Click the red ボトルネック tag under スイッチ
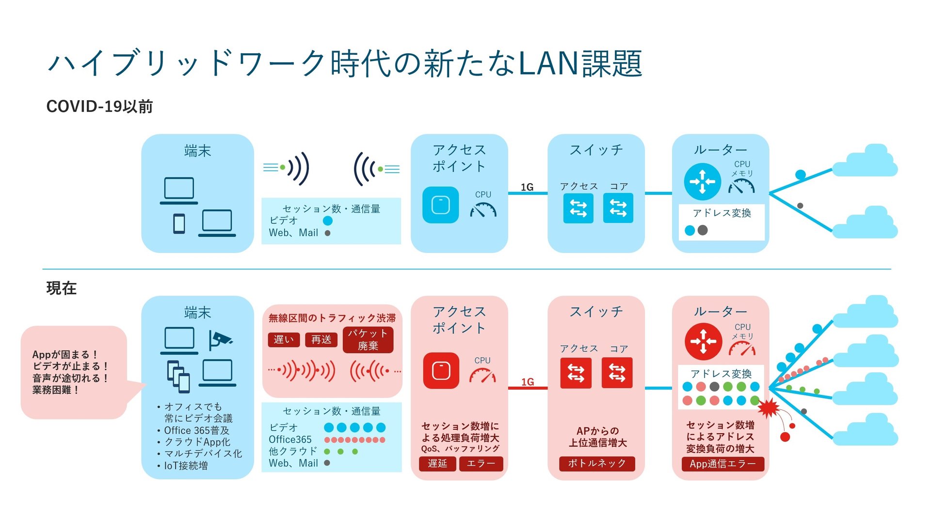pyautogui.click(x=597, y=463)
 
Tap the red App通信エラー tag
pyautogui.click(x=722, y=464)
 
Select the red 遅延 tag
pyautogui.click(x=437, y=464)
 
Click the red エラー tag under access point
pyautogui.click(x=481, y=464)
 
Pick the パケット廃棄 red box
pyautogui.click(x=368, y=340)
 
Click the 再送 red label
pyautogui.click(x=321, y=340)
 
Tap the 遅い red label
pyautogui.click(x=284, y=340)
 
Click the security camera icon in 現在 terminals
pyautogui.click(x=220, y=340)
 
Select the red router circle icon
pyautogui.click(x=703, y=342)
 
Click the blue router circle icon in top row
pyautogui.click(x=702, y=182)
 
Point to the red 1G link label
pyautogui.click(x=528, y=382)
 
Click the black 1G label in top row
pyautogui.click(x=527, y=187)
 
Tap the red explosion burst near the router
pyautogui.click(x=769, y=408)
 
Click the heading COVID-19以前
pyautogui.click(x=99, y=107)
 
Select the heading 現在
pyautogui.click(x=61, y=288)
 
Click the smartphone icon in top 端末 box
pyautogui.click(x=179, y=224)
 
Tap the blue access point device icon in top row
pyautogui.click(x=440, y=205)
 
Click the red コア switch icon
pyautogui.click(x=617, y=373)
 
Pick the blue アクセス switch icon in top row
pyautogui.click(x=578, y=208)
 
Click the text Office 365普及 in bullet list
pyautogui.click(x=196, y=430)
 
